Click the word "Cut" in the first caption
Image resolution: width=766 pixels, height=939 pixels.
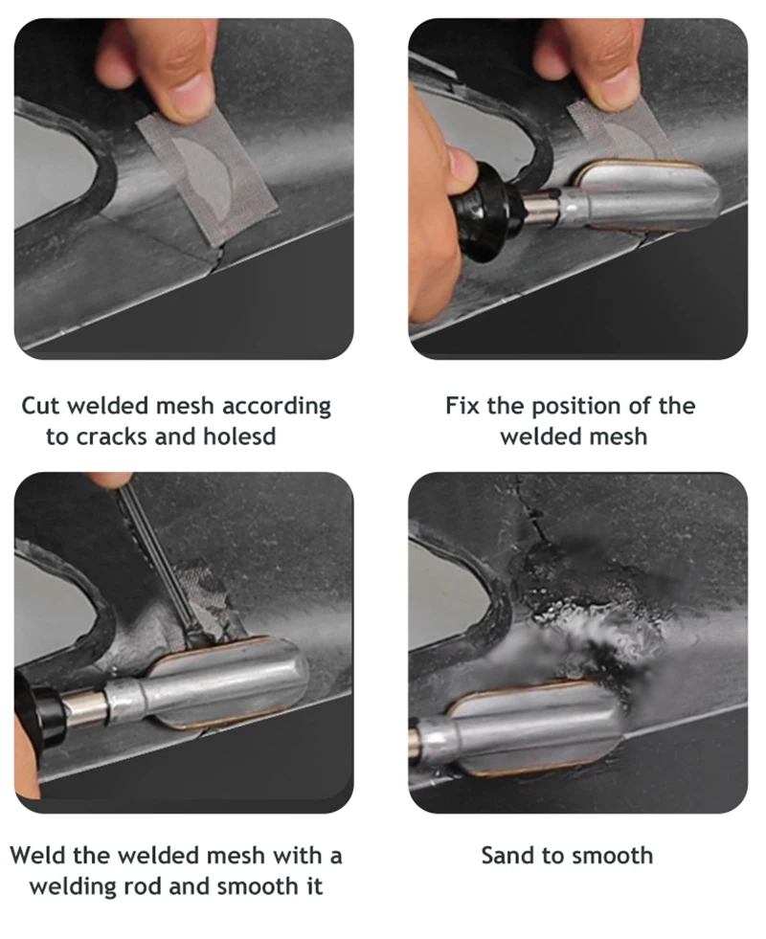tap(41, 406)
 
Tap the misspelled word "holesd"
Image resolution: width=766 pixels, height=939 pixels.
tap(239, 436)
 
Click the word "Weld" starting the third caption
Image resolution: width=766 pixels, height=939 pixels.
tap(37, 855)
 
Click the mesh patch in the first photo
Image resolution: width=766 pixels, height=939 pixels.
tap(207, 177)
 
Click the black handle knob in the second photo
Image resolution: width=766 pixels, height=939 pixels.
tap(483, 212)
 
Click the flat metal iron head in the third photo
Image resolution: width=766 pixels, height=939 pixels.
tap(228, 682)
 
